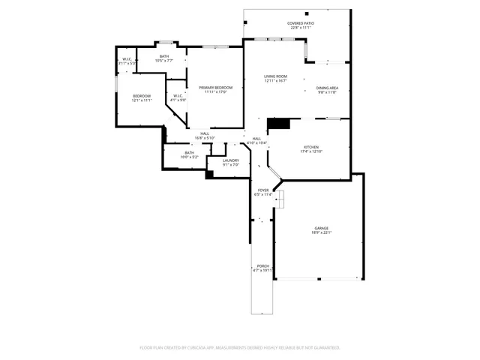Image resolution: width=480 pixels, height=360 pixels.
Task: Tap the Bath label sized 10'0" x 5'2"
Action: click(x=189, y=154)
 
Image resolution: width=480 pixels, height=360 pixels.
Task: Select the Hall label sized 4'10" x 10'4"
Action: click(x=256, y=140)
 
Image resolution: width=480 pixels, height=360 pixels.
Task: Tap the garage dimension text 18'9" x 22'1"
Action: click(x=321, y=232)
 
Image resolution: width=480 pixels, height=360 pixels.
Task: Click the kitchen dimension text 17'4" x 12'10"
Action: click(x=311, y=151)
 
